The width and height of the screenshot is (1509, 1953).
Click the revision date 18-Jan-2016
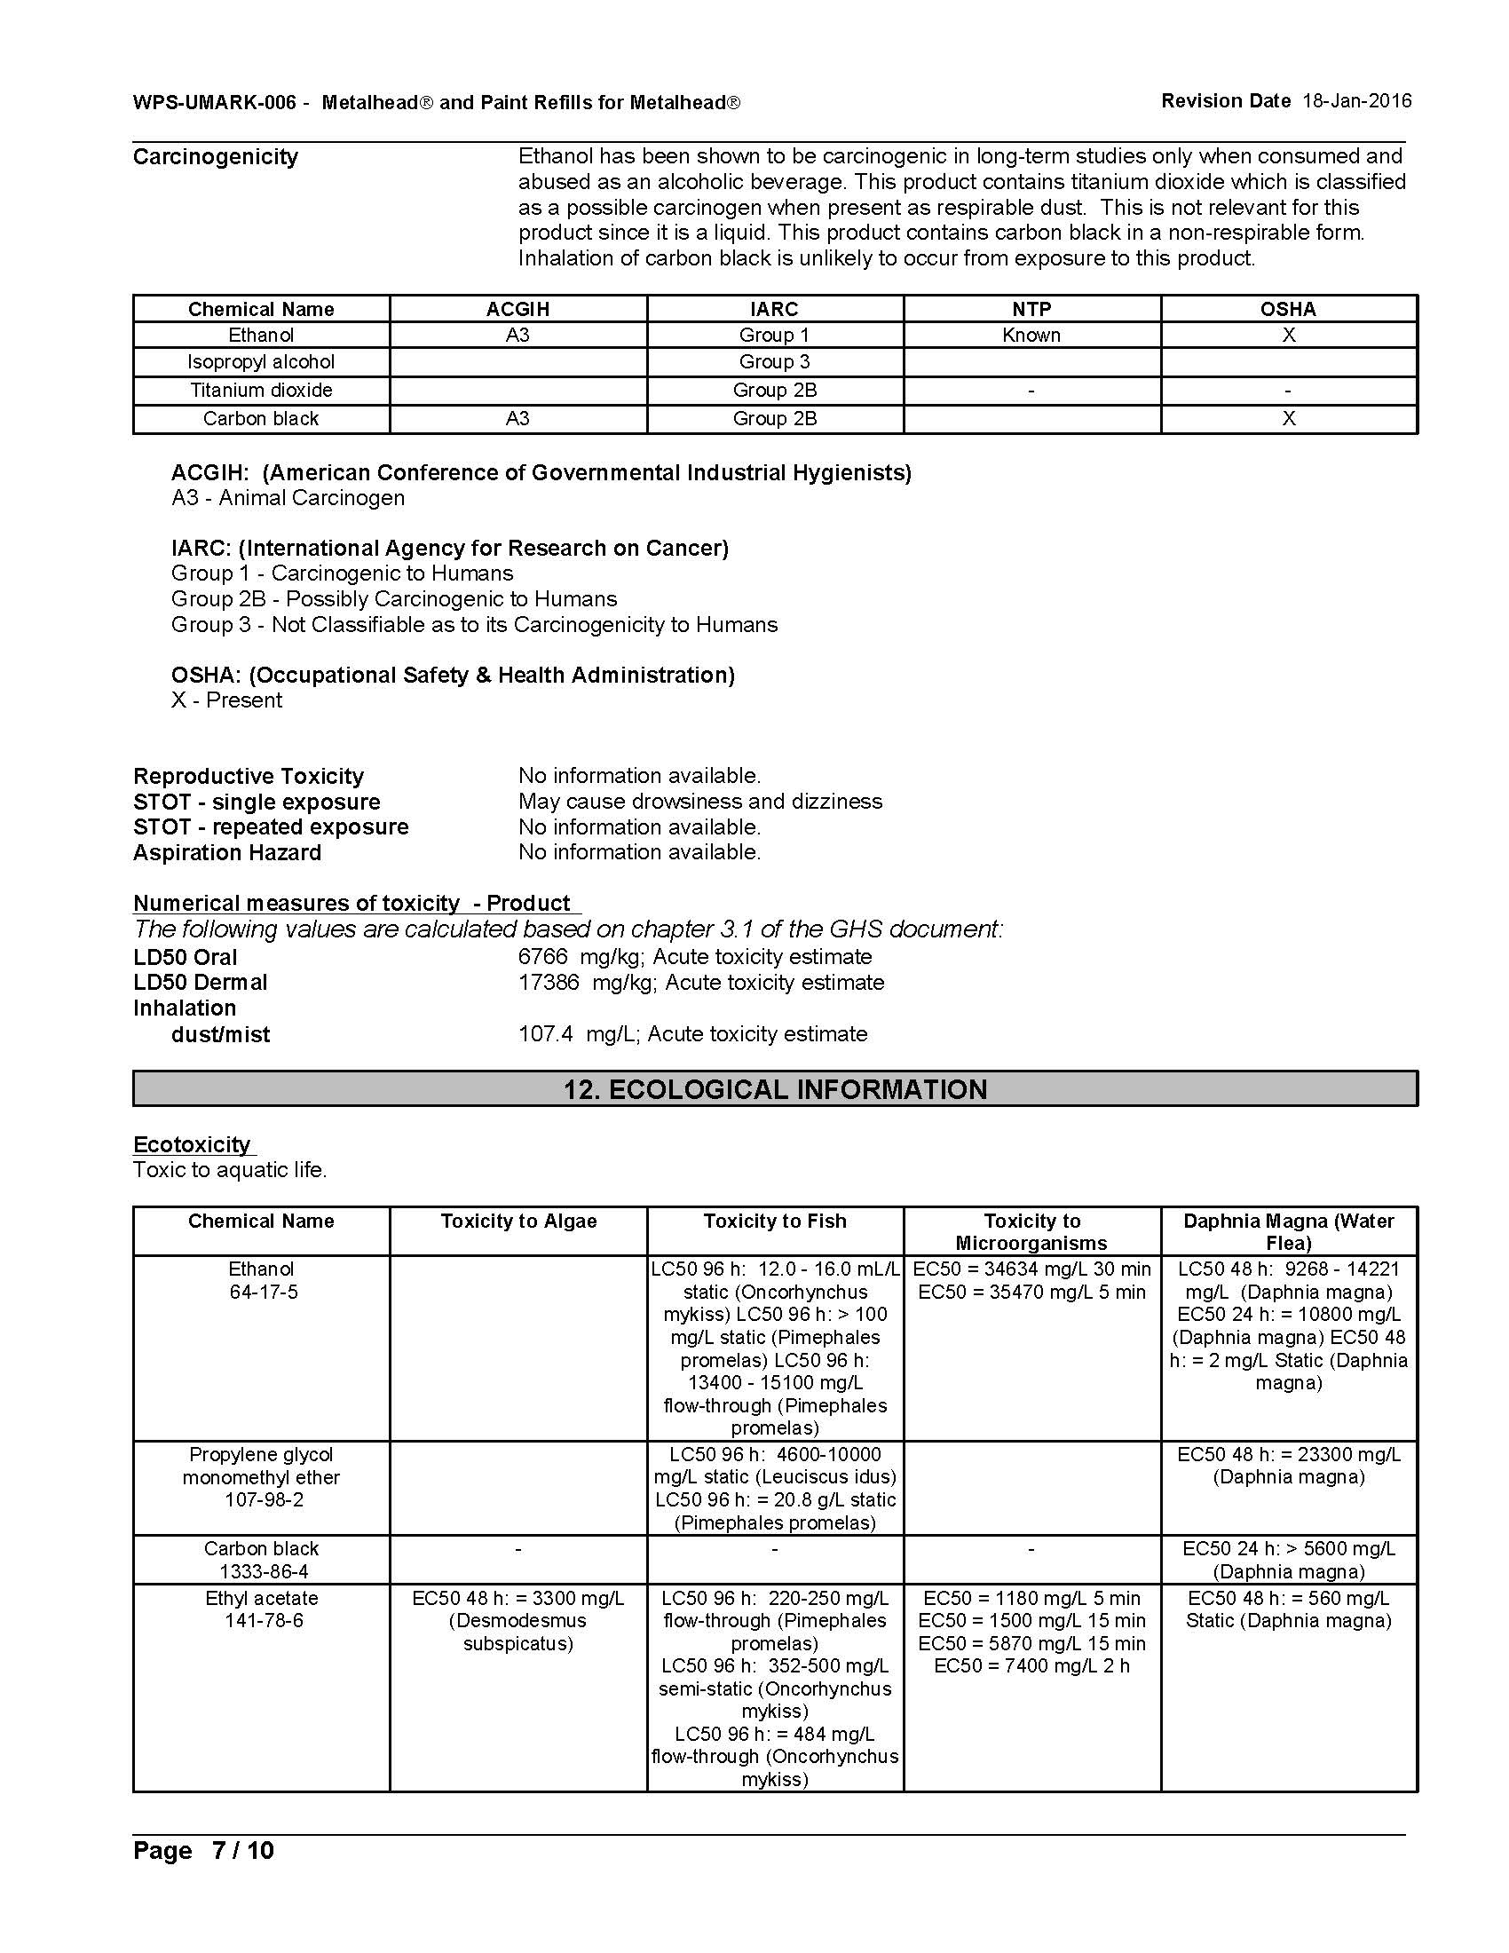(x=1356, y=101)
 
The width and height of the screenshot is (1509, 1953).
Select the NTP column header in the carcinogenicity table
(x=1031, y=310)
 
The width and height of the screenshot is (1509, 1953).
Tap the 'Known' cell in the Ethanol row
(x=1031, y=336)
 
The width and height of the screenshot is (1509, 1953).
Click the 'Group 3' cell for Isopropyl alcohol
(x=774, y=362)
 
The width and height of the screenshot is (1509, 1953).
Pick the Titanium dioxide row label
(x=261, y=391)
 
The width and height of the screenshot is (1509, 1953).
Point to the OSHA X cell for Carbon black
(x=1288, y=419)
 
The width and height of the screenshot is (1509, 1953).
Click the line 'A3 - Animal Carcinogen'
(x=288, y=498)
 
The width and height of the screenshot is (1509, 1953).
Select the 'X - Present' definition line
(x=226, y=700)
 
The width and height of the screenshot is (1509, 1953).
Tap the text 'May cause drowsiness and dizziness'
(x=700, y=802)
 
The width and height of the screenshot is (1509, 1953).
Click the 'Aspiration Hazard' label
(x=227, y=853)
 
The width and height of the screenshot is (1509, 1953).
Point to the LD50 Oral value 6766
(x=542, y=957)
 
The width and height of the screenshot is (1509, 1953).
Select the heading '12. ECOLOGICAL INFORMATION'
(x=774, y=1089)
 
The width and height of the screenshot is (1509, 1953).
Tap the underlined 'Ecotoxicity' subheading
(x=193, y=1145)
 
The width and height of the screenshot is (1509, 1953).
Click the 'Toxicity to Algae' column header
(x=518, y=1222)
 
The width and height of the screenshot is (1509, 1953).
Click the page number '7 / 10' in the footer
(x=242, y=1850)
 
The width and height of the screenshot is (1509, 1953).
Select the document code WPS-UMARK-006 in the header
(x=215, y=103)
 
